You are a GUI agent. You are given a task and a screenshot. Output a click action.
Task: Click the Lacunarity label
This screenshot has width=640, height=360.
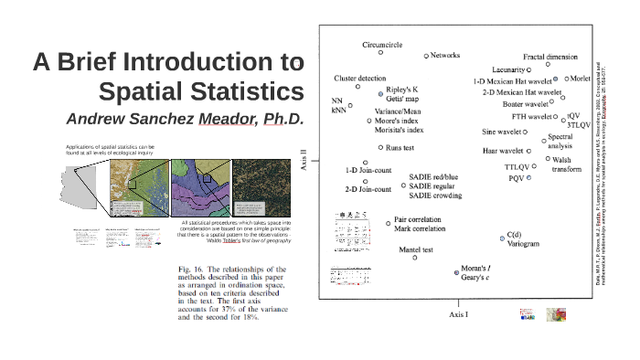507,69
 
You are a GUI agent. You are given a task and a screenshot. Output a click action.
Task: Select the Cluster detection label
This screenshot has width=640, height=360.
359,78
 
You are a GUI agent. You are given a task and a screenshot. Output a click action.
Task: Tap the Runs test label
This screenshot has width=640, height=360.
400,146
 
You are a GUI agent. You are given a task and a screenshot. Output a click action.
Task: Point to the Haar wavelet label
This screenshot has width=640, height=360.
502,151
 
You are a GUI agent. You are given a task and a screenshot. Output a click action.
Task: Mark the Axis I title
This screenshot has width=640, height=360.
458,313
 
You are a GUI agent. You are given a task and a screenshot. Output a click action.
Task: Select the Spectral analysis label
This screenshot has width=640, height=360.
560,142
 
